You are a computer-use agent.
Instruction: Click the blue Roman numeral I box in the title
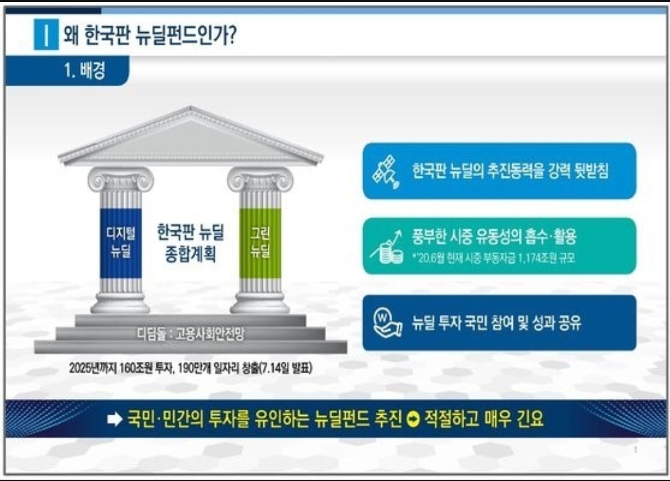46,34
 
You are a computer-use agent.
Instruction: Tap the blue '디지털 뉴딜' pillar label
121,242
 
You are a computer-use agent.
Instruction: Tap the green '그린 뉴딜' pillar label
260,242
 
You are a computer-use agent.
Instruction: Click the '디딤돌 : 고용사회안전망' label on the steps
191,334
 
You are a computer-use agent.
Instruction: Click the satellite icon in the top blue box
386,171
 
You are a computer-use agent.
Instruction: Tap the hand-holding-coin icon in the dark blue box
387,323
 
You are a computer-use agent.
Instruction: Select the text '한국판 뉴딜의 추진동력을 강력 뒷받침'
510,171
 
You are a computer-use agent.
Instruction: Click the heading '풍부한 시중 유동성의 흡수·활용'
494,236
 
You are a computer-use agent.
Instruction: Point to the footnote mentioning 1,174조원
494,258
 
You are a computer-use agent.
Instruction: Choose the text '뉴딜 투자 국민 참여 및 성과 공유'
497,323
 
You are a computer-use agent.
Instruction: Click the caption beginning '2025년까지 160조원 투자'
191,368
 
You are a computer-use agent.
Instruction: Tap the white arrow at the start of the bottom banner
115,420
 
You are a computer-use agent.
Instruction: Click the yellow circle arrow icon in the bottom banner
413,420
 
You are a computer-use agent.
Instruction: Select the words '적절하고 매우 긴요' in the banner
484,419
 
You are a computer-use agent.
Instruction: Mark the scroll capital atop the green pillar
260,179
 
